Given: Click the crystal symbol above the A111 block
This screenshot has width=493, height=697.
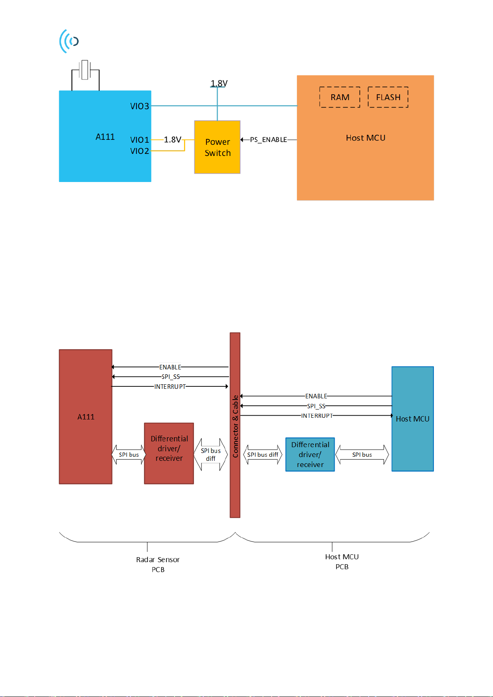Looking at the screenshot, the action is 85,69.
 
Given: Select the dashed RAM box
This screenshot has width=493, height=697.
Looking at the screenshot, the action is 340,97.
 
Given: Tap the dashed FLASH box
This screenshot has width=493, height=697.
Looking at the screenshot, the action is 388,97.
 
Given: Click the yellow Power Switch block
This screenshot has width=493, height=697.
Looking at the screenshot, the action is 217,147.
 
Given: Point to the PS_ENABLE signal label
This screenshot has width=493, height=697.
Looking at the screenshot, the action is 268,140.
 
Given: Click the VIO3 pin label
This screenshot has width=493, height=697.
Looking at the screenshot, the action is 139,106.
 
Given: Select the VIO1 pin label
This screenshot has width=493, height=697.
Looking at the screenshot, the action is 139,140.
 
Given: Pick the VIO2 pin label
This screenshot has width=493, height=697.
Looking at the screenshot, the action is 139,151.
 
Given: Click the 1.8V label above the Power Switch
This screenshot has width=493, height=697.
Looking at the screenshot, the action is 219,83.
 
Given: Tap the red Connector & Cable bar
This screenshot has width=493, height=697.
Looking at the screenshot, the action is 235,425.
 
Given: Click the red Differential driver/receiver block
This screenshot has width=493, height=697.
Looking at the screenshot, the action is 169,453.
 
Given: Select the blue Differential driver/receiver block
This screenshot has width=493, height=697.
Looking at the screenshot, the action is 310,454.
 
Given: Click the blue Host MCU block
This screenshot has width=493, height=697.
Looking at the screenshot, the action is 412,419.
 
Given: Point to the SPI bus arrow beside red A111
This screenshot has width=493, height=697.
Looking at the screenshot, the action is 129,455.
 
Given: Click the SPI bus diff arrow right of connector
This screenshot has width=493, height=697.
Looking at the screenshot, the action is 263,455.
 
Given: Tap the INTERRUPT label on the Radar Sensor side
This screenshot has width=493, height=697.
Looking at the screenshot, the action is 170,386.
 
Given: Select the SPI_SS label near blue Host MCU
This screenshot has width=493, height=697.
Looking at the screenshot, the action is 316,406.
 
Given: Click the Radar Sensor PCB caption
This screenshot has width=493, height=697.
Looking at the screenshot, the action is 158,565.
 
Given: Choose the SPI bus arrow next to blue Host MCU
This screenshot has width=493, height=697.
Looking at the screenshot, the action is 362,455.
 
